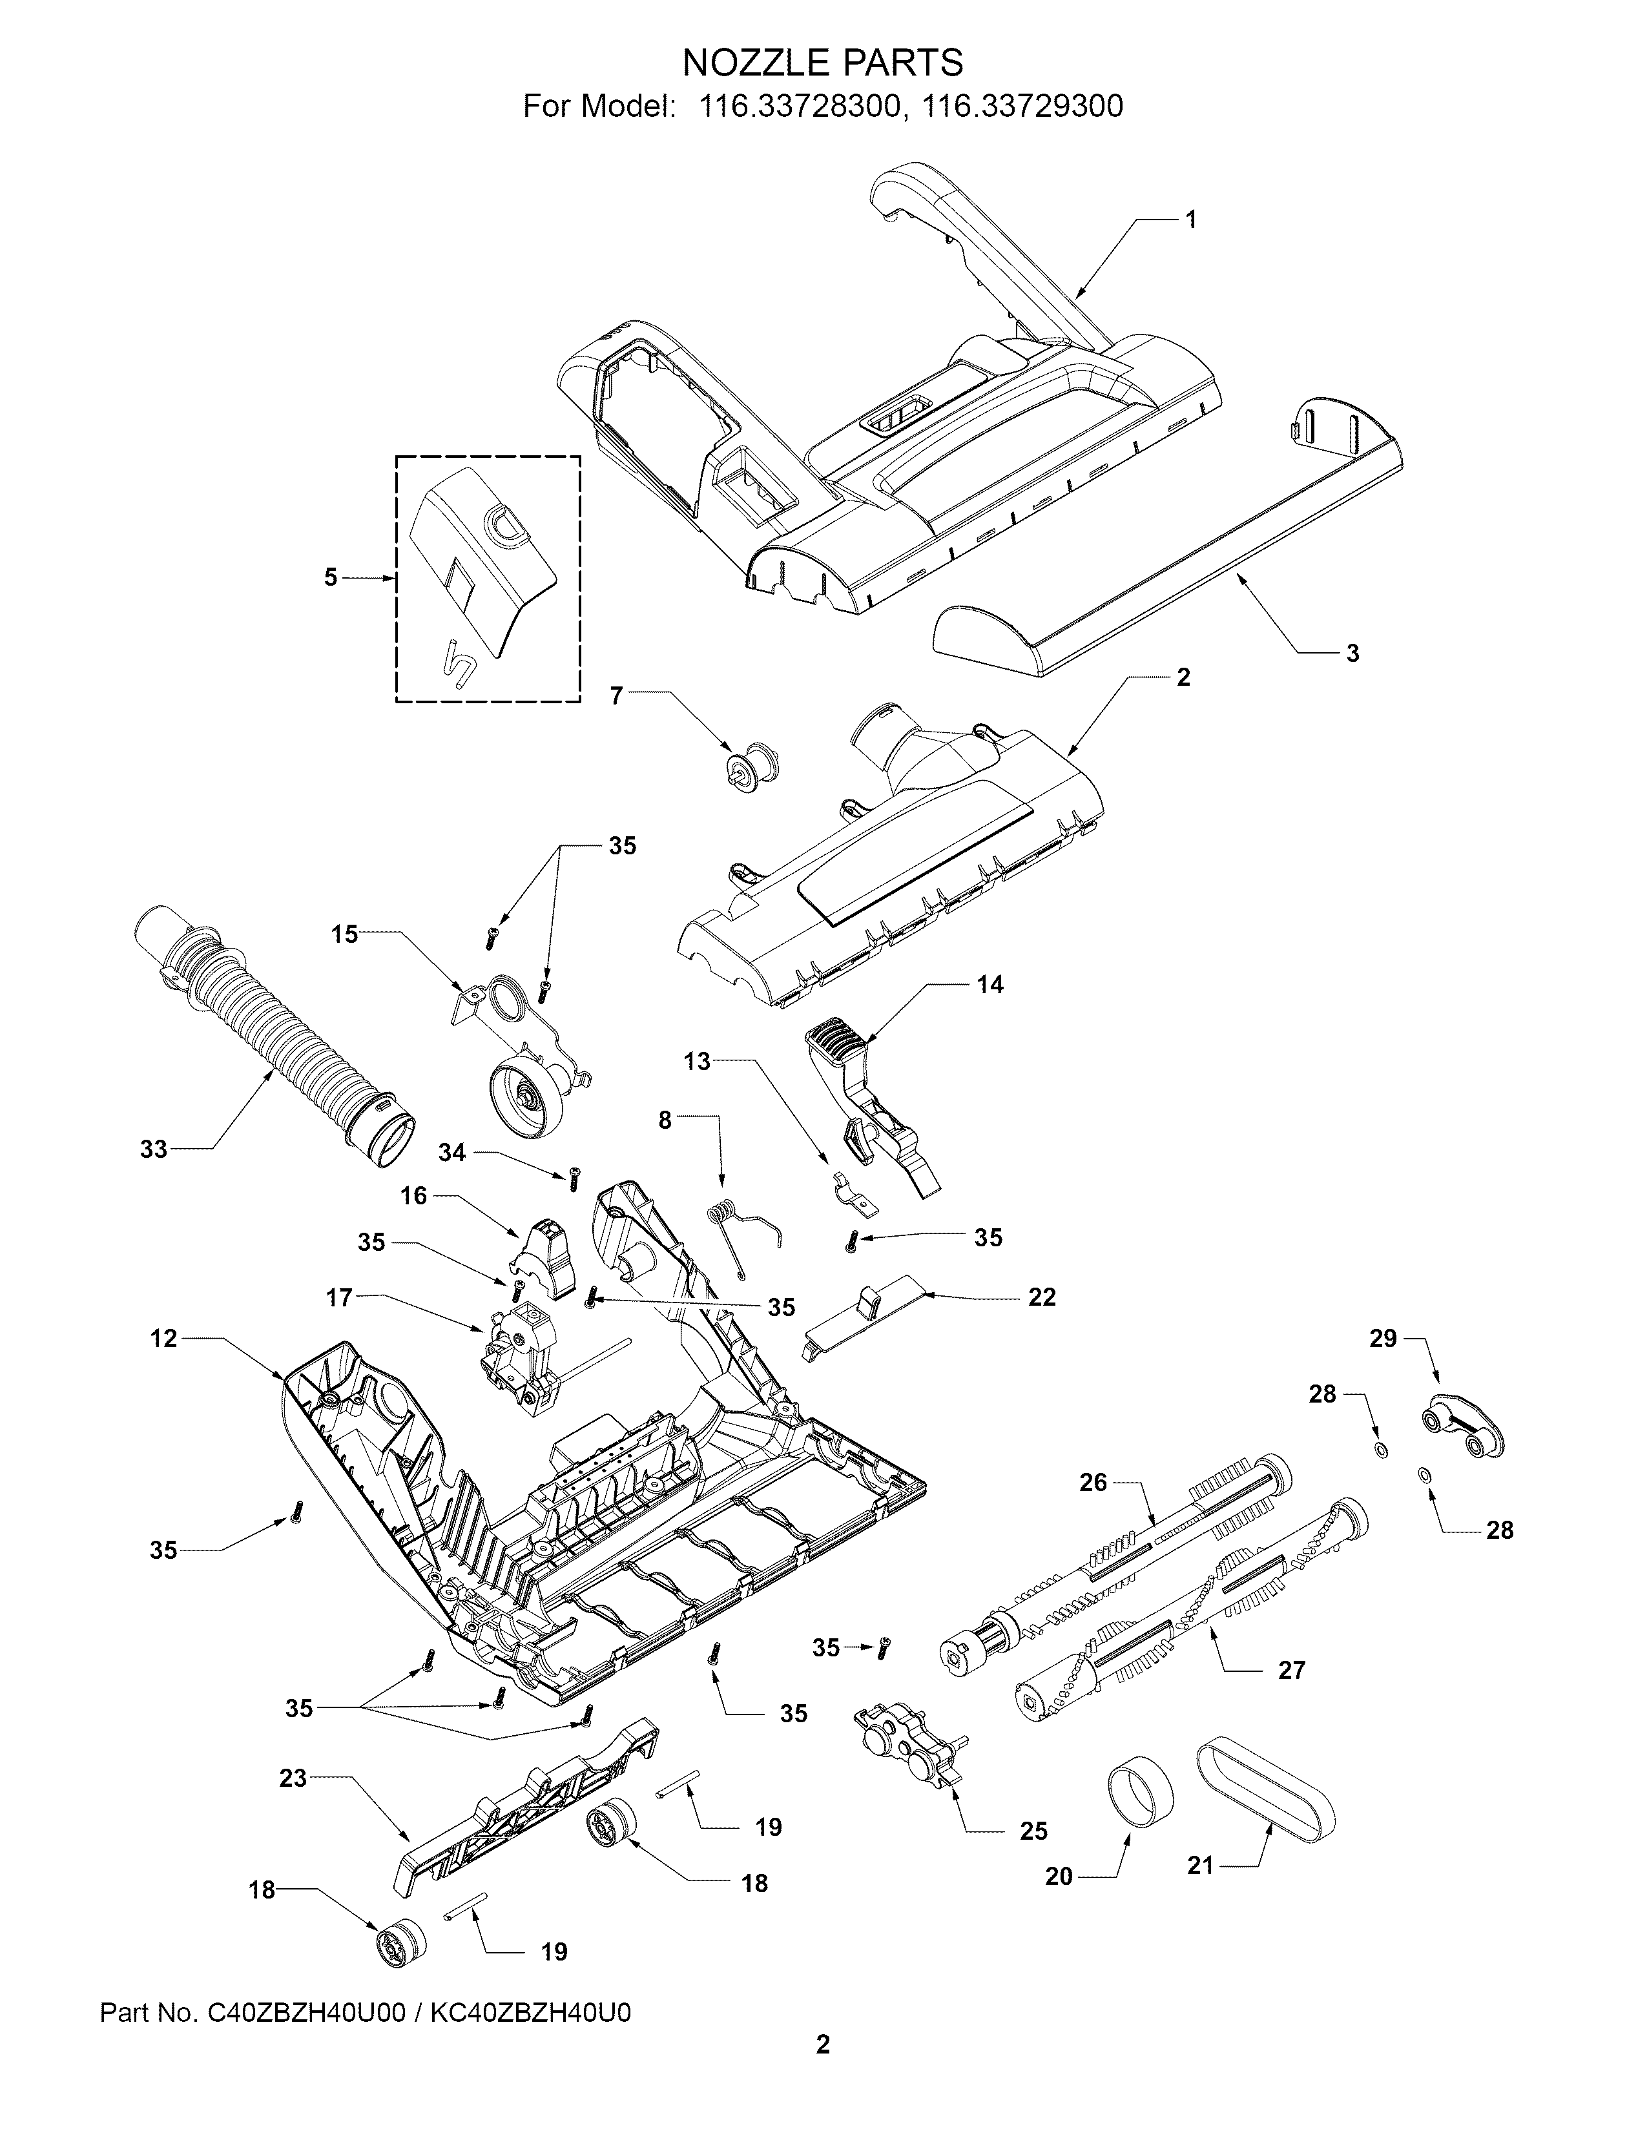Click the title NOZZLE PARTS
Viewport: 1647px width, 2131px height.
click(822, 63)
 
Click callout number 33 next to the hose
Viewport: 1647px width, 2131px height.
click(154, 1149)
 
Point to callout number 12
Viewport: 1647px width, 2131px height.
click(164, 1339)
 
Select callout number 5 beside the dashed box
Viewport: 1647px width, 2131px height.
click(331, 578)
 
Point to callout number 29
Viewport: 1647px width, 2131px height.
click(1383, 1338)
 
